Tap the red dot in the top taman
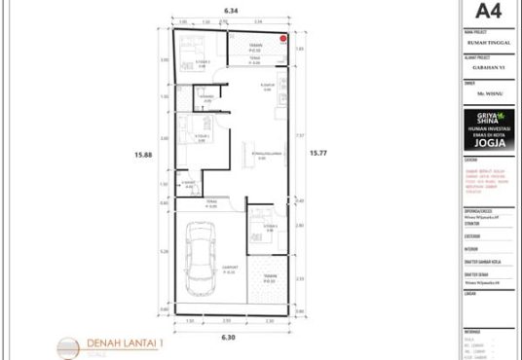tap(283, 40)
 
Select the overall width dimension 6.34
tap(230, 10)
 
